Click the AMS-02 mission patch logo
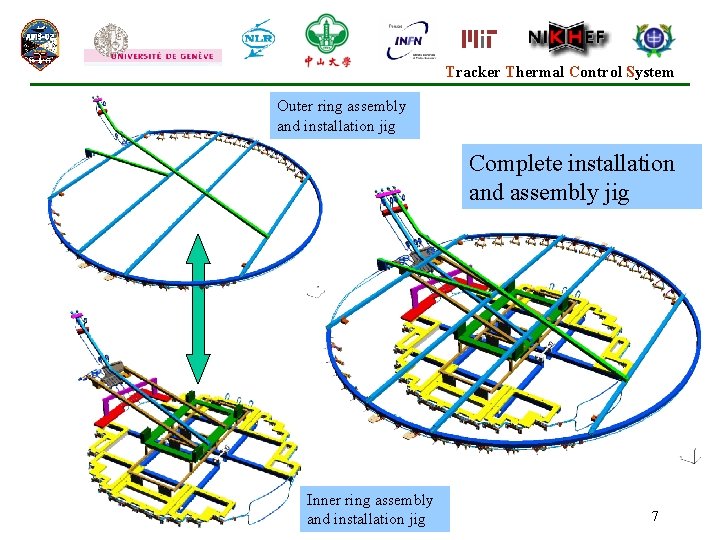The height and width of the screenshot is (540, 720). (41, 43)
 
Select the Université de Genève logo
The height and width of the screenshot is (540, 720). (153, 44)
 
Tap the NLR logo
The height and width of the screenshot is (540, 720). (259, 39)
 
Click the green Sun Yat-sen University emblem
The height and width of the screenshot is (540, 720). (327, 41)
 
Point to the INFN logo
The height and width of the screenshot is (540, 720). (407, 42)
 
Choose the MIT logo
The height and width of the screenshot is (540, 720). (480, 39)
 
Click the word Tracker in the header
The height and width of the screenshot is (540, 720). (473, 72)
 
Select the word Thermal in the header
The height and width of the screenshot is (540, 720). (535, 72)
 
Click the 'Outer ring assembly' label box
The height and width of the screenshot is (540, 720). (342, 116)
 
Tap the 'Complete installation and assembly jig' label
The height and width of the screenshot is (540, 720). (581, 178)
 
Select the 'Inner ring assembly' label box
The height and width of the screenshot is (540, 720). (370, 509)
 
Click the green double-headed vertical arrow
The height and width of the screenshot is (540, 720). (198, 308)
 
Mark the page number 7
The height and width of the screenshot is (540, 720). (655, 516)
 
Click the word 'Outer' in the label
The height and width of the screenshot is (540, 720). (295, 106)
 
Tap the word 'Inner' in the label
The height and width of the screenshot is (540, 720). (323, 500)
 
